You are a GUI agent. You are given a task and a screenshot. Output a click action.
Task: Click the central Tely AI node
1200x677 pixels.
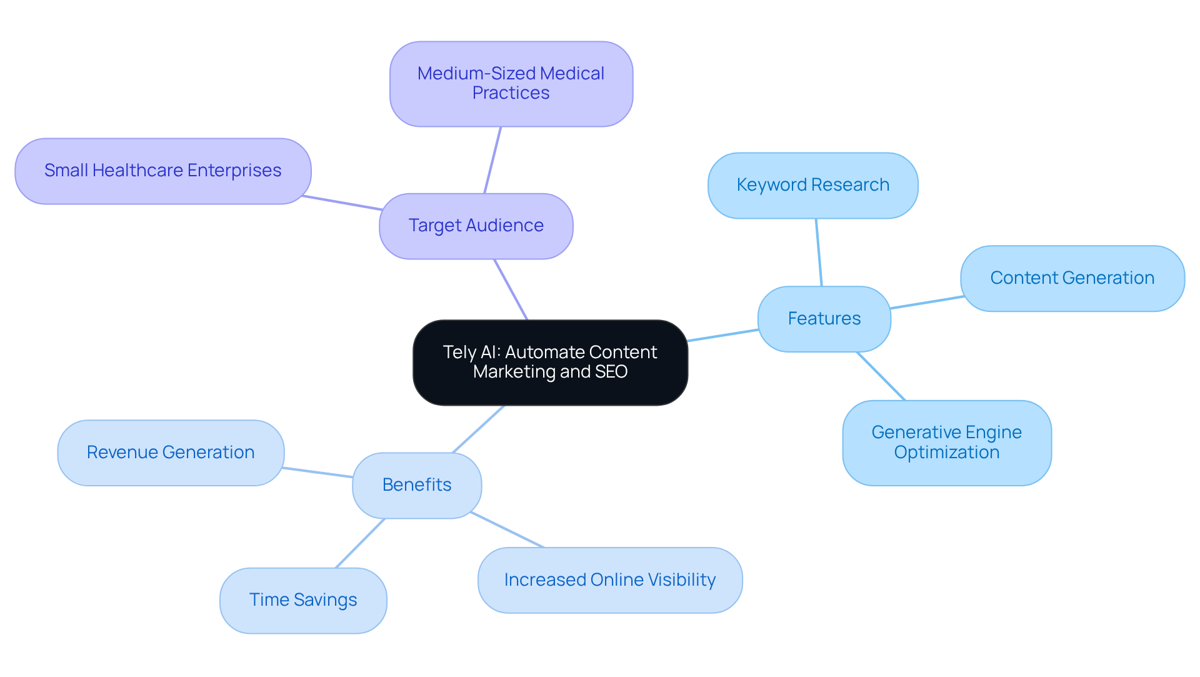[x=550, y=362]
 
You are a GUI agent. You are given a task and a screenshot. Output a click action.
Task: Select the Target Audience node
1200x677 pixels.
[x=476, y=226]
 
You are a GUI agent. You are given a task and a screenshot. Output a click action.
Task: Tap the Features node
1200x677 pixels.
[x=824, y=319]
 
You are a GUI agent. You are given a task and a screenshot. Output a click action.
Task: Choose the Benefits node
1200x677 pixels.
[x=417, y=485]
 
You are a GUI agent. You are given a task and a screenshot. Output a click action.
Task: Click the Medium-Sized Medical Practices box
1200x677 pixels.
[x=511, y=84]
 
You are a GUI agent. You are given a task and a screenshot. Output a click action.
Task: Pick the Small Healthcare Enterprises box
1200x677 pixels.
[x=162, y=171]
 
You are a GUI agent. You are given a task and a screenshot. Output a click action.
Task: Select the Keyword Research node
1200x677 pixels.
[x=812, y=185]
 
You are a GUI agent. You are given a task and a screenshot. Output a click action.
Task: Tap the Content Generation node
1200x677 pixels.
[x=1072, y=278]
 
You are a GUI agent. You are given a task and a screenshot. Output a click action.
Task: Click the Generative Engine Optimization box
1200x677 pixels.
[x=946, y=443]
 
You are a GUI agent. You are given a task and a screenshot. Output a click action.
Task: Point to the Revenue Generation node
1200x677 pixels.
[x=171, y=453]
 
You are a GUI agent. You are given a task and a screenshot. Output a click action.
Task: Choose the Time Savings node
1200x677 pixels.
[x=303, y=600]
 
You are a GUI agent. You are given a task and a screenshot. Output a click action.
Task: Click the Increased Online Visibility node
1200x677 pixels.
[x=609, y=580]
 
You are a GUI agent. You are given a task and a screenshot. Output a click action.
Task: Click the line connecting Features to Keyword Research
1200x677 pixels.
[x=819, y=253]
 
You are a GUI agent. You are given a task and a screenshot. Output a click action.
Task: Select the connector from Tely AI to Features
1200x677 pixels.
[x=722, y=335]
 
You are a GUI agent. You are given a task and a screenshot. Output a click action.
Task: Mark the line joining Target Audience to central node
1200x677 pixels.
[x=511, y=289]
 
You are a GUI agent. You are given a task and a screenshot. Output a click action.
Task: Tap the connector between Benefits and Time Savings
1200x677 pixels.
[x=360, y=543]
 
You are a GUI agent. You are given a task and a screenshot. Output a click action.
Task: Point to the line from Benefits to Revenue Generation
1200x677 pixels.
[x=317, y=473]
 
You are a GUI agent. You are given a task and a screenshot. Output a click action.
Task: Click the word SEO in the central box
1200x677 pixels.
[x=611, y=372]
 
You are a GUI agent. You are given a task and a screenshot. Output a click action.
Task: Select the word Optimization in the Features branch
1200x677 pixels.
[x=946, y=453]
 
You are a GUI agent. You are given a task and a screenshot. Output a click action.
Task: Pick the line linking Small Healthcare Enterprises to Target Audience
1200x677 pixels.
[x=342, y=203]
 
